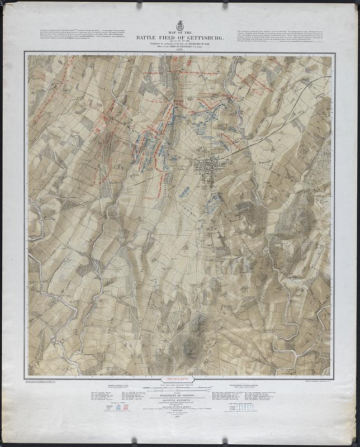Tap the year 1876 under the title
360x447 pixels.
tap(179, 49)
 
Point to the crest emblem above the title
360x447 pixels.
tap(179, 26)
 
